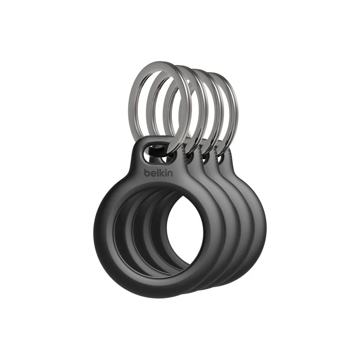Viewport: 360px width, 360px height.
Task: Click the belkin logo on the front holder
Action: (158, 173)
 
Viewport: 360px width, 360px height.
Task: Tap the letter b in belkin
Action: (147, 173)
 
